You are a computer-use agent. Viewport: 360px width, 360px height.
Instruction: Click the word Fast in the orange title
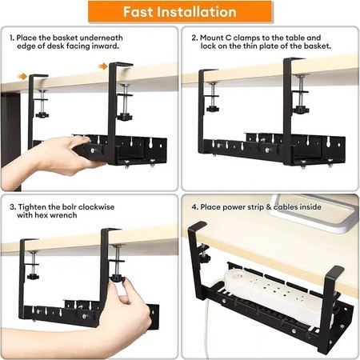138,12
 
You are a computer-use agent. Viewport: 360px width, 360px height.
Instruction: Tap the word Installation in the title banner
197,12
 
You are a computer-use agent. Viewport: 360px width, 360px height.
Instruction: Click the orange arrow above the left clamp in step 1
22,77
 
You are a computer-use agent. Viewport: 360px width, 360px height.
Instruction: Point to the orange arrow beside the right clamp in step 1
102,66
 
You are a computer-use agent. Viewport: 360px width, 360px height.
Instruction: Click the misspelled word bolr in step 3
70,207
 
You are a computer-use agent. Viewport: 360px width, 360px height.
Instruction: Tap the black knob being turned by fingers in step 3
118,278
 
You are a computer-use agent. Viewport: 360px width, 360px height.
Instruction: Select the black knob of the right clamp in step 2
300,110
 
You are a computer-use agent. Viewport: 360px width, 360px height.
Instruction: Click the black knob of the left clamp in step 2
213,109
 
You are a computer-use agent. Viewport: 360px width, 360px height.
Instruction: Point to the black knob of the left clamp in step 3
33,276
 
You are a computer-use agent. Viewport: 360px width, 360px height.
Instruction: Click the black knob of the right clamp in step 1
125,117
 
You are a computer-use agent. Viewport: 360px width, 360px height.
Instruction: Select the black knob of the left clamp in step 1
42,114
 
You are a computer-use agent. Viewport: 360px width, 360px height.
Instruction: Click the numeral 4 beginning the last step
194,207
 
